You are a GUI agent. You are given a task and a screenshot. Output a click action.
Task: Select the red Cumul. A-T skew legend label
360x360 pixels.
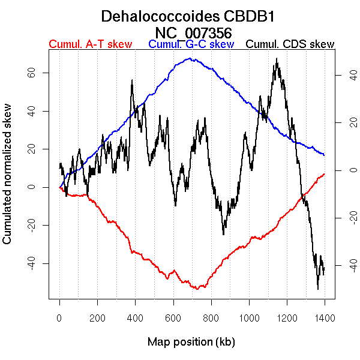click(90, 44)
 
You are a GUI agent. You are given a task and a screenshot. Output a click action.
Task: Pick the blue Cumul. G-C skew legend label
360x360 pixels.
click(191, 44)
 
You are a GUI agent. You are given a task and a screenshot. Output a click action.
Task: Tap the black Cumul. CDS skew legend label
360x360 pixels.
click(290, 44)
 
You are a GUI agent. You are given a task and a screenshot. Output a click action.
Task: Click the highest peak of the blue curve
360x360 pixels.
click(190, 58)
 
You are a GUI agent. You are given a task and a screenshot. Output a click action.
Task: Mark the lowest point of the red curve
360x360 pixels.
click(196, 289)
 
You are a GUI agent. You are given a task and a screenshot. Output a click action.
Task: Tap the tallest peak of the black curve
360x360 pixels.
click(277, 59)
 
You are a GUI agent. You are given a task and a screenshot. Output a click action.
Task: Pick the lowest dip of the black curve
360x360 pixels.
click(318, 289)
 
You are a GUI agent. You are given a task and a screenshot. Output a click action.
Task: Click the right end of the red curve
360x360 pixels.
click(324, 174)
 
